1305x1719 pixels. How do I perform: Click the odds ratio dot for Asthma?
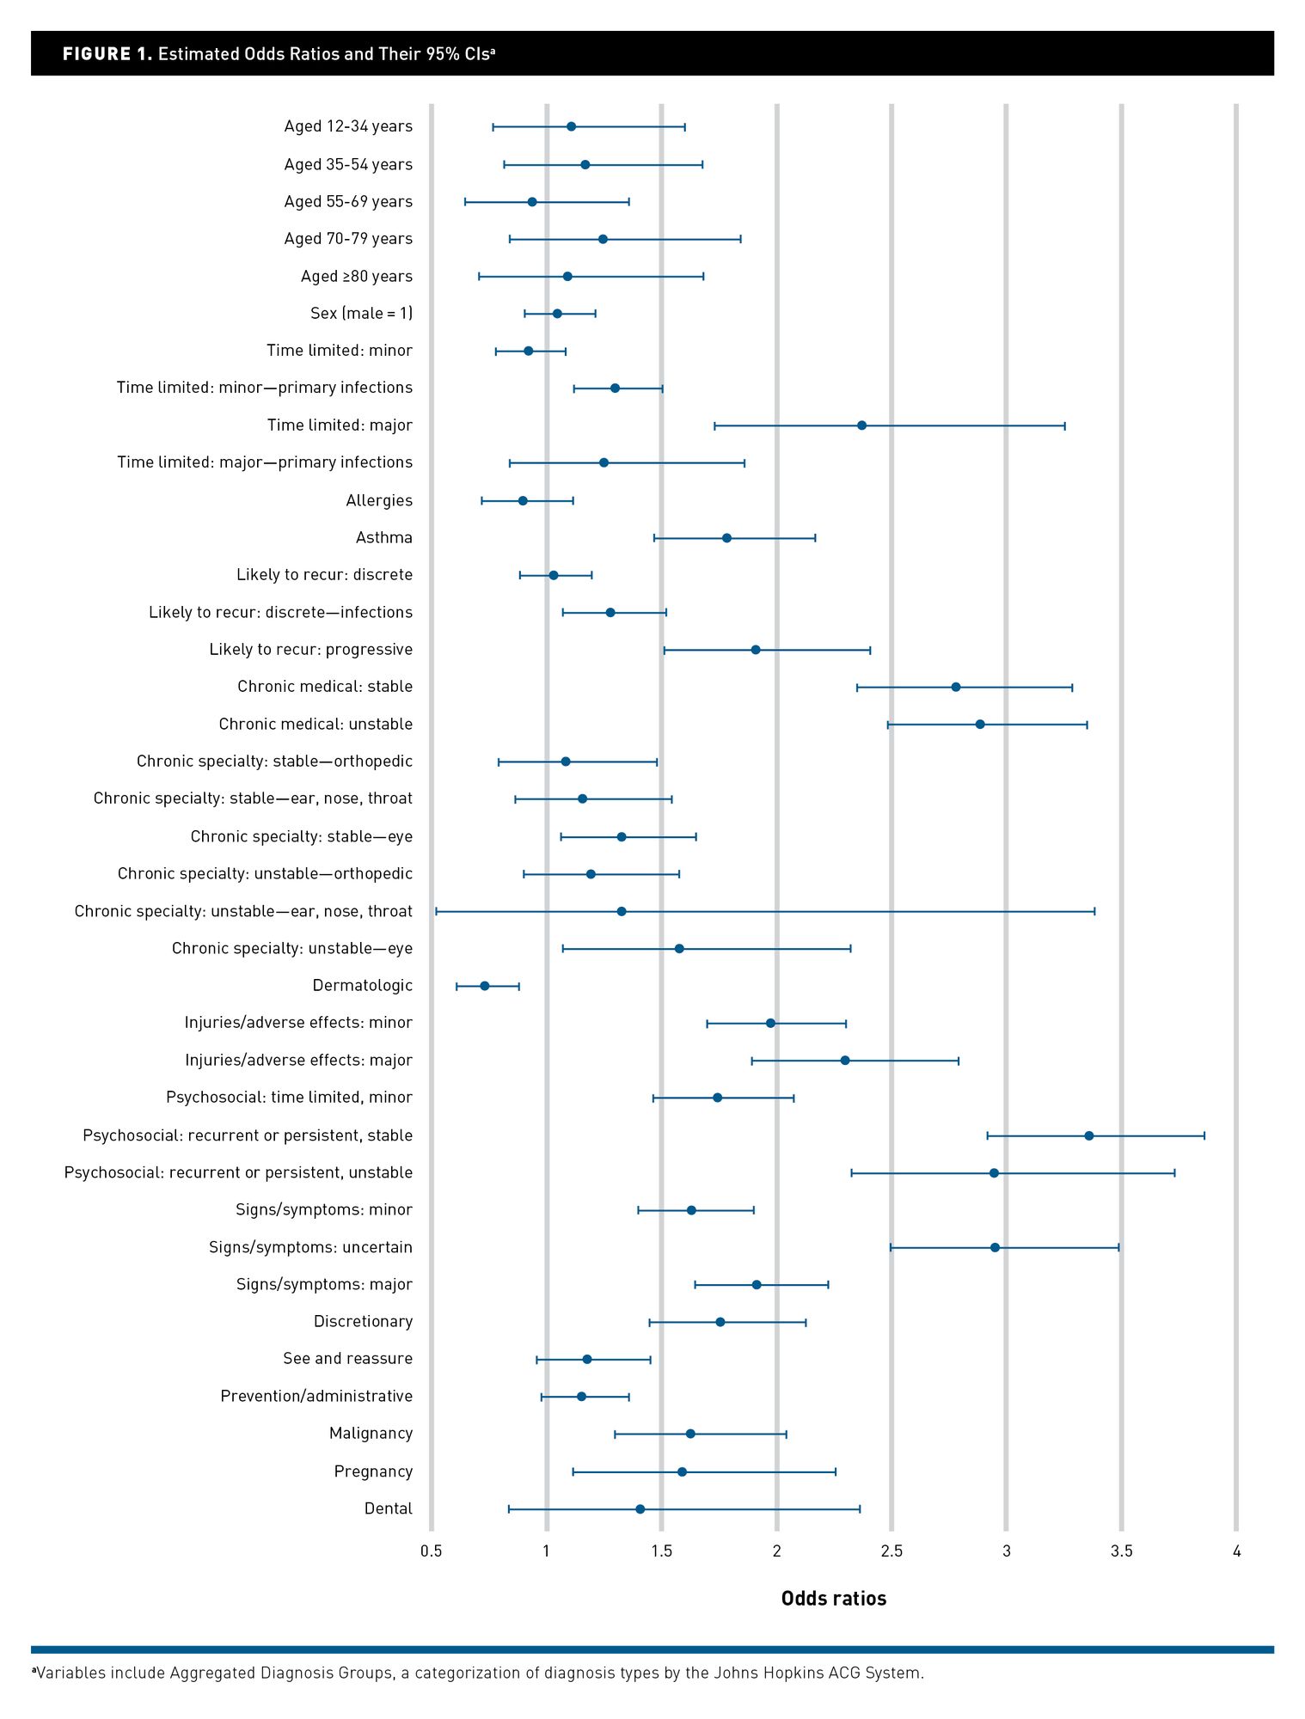pos(726,538)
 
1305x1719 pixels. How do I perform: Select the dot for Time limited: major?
pos(861,425)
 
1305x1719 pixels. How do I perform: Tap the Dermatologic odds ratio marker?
pos(484,986)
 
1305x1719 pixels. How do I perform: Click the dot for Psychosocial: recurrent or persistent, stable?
pos(1088,1135)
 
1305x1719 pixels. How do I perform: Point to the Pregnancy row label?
pos(373,1471)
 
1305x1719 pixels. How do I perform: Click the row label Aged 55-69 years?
pos(348,201)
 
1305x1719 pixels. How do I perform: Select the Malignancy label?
pos(371,1433)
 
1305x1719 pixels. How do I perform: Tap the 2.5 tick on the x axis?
pos(891,1551)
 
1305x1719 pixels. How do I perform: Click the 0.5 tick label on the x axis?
pos(432,1551)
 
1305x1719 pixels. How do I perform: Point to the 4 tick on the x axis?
pos(1236,1551)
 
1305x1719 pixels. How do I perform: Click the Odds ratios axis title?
pos(833,1599)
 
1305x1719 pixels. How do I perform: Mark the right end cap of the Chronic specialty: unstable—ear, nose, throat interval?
pos(1094,911)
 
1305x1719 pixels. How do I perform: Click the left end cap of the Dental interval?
pos(509,1509)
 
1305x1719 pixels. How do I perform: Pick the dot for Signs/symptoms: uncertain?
pos(995,1247)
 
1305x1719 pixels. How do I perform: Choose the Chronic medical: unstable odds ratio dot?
pos(979,725)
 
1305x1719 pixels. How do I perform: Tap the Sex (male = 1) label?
pos(361,313)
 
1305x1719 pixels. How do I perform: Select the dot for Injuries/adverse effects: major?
pos(844,1061)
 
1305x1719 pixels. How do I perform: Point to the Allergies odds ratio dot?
pos(523,500)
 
